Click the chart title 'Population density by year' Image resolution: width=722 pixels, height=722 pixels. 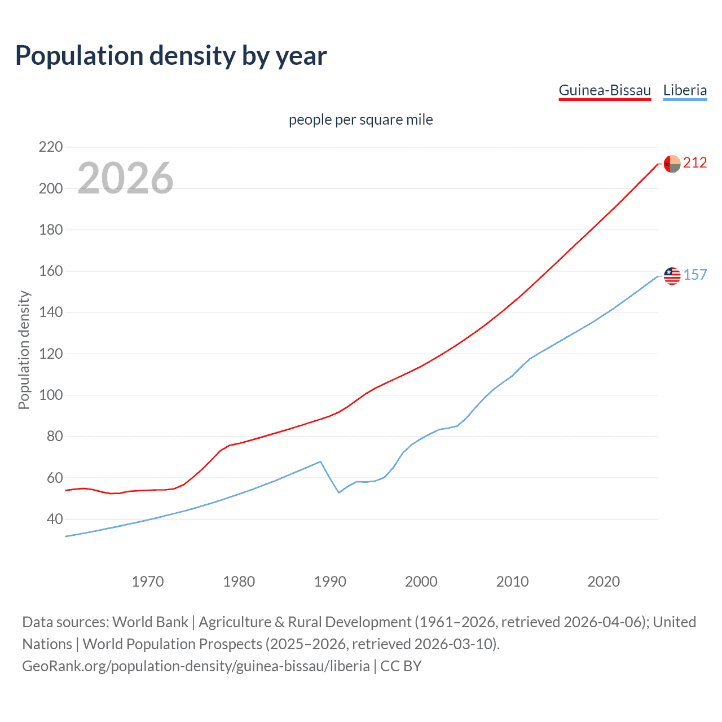point(171,56)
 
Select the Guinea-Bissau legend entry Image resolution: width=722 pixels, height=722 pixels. point(605,90)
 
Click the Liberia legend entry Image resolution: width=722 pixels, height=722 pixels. point(685,90)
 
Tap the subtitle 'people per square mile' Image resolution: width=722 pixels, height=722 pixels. point(360,120)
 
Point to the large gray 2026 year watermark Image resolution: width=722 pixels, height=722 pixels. point(125,178)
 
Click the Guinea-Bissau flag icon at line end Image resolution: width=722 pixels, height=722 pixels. point(672,164)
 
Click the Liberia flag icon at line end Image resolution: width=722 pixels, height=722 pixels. point(672,275)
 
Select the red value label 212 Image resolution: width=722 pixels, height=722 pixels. point(695,163)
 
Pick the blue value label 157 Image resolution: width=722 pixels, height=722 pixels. point(695,275)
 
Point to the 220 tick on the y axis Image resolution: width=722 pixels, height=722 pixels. point(51,147)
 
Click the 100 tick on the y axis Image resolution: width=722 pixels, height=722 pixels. point(51,395)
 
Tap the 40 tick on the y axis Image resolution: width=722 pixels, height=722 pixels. point(55,519)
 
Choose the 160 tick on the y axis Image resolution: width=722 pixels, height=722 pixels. point(51,271)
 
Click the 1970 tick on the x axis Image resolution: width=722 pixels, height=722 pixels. point(148,582)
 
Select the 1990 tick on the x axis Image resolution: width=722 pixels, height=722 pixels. point(330,582)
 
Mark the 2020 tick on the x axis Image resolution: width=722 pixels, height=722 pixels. point(604,582)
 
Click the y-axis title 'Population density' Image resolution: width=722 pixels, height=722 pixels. point(24,350)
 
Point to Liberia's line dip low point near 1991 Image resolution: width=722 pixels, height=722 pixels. point(339,492)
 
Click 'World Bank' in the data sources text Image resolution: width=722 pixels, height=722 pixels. point(150,622)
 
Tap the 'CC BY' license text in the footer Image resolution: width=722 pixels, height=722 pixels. point(401,666)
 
